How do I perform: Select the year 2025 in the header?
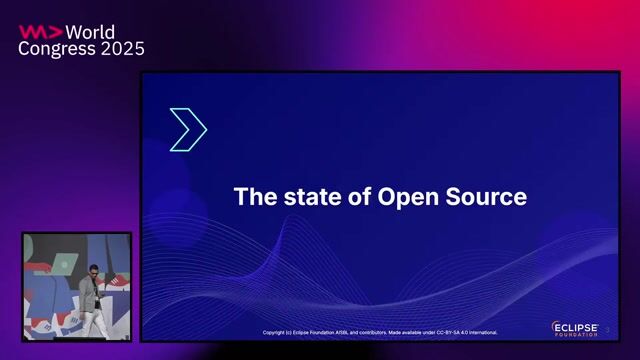click(x=123, y=48)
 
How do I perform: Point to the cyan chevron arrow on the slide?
click(x=187, y=130)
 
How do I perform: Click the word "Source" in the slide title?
click(x=489, y=196)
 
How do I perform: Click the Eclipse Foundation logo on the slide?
click(x=575, y=328)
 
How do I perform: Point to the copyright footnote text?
click(x=380, y=332)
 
